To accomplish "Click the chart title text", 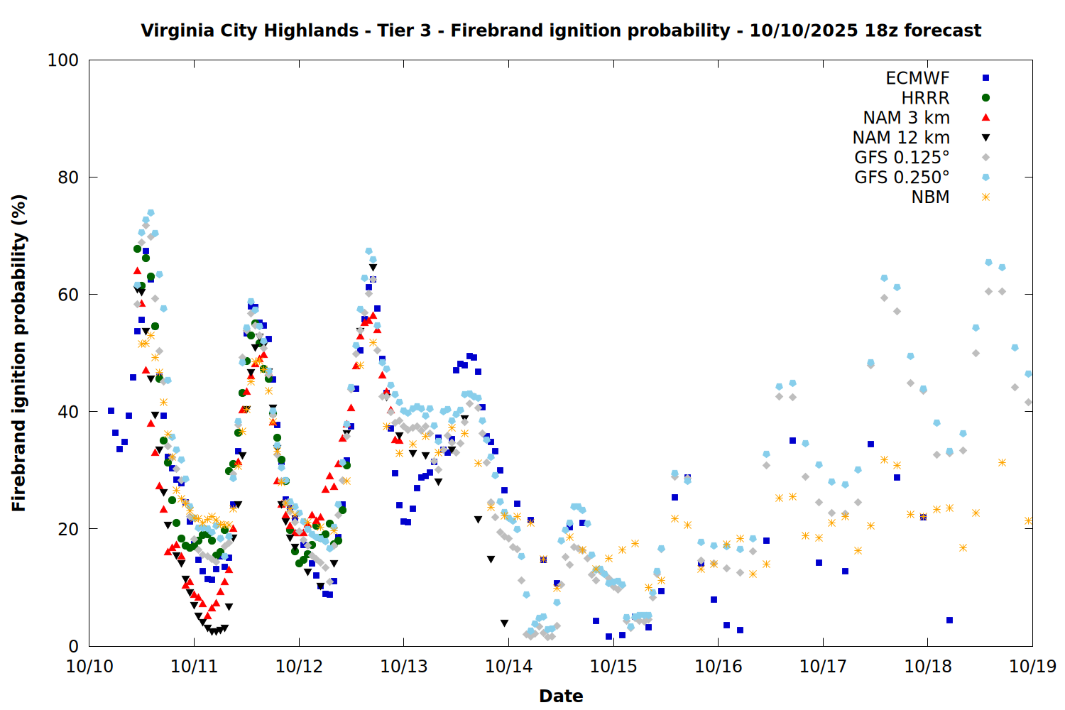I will (x=561, y=31).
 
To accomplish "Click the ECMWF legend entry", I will (x=917, y=78).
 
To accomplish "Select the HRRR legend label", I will (x=925, y=98).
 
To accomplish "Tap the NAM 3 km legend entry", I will (x=906, y=118).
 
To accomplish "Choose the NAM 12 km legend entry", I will (x=901, y=138).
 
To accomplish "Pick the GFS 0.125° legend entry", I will (x=902, y=158).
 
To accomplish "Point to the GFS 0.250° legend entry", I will (x=902, y=177).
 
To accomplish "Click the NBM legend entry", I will (x=930, y=197).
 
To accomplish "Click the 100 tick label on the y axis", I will (x=63, y=60).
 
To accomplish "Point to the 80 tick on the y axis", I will (x=68, y=177).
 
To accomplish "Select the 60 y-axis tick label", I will (x=68, y=295).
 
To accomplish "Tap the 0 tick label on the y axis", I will (x=73, y=646).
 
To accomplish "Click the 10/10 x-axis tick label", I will (x=89, y=667).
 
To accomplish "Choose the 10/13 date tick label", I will (x=404, y=667).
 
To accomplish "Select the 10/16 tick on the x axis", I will (x=718, y=667).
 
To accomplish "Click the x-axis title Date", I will (x=561, y=696).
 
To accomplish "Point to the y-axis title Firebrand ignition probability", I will (x=19, y=353).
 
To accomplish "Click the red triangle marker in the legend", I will (x=985, y=118).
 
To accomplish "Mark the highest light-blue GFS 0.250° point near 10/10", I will (x=151, y=212).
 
